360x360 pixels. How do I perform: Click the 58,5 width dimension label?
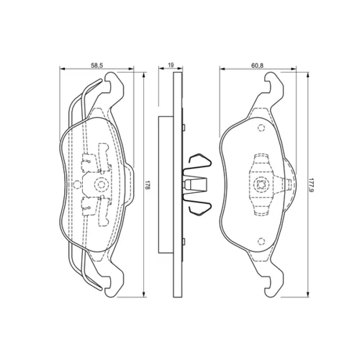pos(97,65)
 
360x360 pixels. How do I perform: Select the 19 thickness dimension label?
pos(171,65)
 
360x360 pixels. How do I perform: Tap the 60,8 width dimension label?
pos(258,65)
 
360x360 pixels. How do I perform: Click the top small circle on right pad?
pos(261,127)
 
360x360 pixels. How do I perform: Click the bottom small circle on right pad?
pos(261,240)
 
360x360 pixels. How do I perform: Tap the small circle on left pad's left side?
pos(77,184)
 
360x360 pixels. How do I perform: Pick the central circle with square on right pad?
pos(261,184)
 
